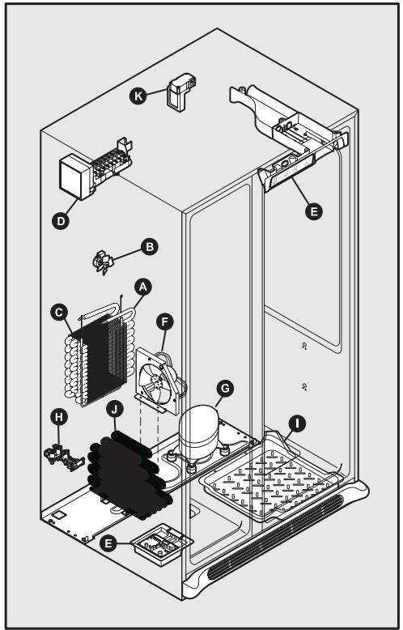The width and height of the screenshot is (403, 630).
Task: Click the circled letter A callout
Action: [142, 287]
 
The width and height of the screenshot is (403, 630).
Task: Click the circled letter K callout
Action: [138, 96]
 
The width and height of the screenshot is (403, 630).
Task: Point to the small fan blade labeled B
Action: [104, 263]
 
